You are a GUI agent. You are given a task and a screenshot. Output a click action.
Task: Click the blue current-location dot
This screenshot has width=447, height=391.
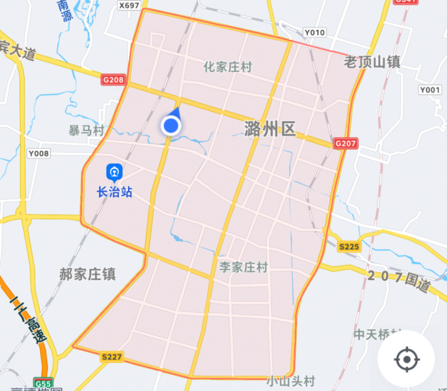pyautogui.click(x=171, y=126)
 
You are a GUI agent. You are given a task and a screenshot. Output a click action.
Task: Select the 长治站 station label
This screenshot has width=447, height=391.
pyautogui.click(x=114, y=193)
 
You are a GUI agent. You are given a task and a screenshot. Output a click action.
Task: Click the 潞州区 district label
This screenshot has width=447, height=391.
pyautogui.click(x=270, y=129)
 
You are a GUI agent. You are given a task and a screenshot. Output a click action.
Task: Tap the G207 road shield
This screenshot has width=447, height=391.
pyautogui.click(x=346, y=143)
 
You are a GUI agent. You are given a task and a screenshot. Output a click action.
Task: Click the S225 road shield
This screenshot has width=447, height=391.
pyautogui.click(x=349, y=247)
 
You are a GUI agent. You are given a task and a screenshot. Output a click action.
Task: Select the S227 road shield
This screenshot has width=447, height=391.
pyautogui.click(x=112, y=357)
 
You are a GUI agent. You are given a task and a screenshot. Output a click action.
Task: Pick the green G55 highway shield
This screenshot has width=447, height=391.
pyautogui.click(x=43, y=383)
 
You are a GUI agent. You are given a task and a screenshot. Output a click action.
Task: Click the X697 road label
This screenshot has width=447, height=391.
pyautogui.click(x=129, y=5)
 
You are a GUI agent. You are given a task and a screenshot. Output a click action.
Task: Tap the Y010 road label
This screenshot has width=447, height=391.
pyautogui.click(x=315, y=32)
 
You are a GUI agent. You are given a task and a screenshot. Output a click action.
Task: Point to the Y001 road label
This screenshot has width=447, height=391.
pyautogui.click(x=430, y=90)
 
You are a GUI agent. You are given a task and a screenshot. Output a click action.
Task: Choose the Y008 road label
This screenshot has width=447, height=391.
pyautogui.click(x=39, y=154)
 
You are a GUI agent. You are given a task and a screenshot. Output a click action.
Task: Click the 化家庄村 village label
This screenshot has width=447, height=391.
pyautogui.click(x=228, y=67)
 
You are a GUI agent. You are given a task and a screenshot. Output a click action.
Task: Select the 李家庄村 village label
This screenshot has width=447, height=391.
pyautogui.click(x=243, y=267)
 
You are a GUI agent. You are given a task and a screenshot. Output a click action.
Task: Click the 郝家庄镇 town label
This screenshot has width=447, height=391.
pyautogui.click(x=88, y=274)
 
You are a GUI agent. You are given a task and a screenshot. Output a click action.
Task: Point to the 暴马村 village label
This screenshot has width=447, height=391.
pyautogui.click(x=86, y=130)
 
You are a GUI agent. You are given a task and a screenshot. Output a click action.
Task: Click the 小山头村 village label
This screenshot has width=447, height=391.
pyautogui.click(x=291, y=381)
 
